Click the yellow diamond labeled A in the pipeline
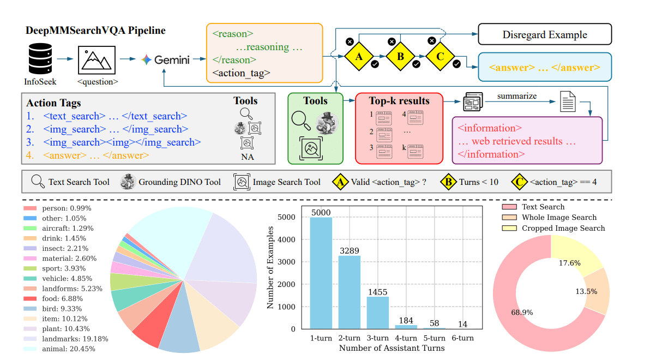pyautogui.click(x=358, y=56)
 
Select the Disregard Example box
pyautogui.click(x=545, y=34)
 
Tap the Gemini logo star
pyautogui.click(x=146, y=59)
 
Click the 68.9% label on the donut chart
pyautogui.click(x=522, y=313)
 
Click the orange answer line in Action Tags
pyautogui.click(x=95, y=155)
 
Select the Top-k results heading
pyautogui.click(x=399, y=100)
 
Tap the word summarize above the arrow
pyautogui.click(x=516, y=96)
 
